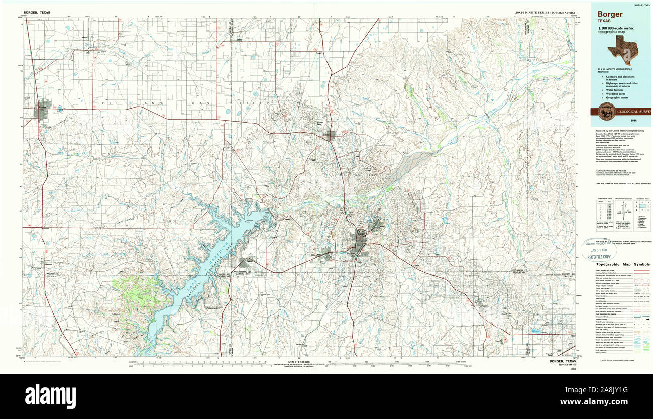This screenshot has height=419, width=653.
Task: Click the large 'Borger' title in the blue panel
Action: point(610,14)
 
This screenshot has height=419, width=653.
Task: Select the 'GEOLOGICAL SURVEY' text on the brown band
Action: point(633,112)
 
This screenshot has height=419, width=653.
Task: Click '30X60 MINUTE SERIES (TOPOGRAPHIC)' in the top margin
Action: point(545,12)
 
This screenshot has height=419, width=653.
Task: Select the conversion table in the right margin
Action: point(602,210)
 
